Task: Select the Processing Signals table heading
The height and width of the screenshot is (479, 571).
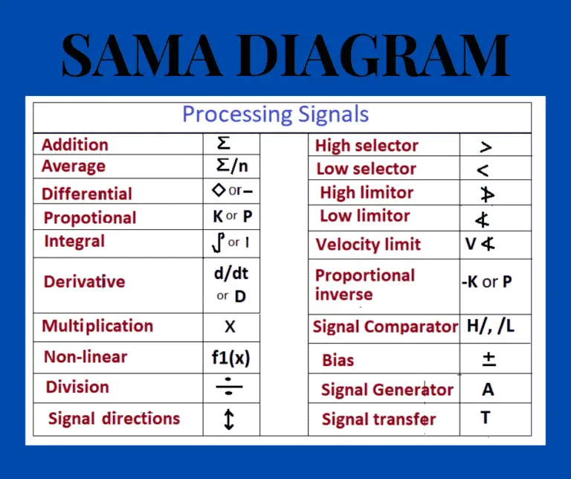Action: pos(275,115)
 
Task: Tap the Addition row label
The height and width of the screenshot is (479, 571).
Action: pos(75,145)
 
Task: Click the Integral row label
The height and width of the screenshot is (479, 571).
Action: pos(74,242)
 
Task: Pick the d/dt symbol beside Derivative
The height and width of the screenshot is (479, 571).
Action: pos(230,273)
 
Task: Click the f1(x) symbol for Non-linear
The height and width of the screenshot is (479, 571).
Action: pos(230,359)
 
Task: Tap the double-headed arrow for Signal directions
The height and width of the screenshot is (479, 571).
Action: pos(229,419)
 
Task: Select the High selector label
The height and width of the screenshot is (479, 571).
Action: pos(367,146)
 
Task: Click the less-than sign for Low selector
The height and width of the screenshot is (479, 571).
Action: pos(483,170)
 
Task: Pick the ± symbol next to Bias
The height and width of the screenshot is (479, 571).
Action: pos(488,359)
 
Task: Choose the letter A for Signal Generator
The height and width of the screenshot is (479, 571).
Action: pos(488,390)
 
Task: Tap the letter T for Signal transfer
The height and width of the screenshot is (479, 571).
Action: pos(485,418)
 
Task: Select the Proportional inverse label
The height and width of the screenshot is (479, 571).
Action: pos(364,284)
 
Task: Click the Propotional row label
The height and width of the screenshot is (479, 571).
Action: pos(90,218)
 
